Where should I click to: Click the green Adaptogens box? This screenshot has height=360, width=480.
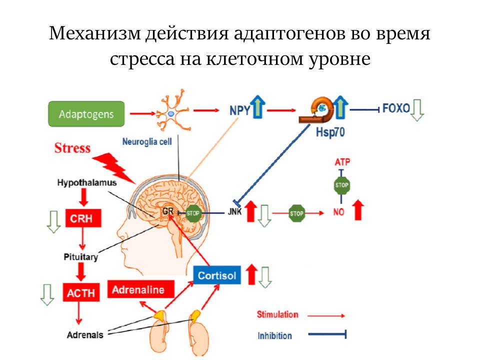pos(85,114)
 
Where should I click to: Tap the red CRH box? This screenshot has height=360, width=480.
pos(83,218)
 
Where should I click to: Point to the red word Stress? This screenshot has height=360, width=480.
pos(72,148)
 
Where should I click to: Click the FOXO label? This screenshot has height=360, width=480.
pos(395,108)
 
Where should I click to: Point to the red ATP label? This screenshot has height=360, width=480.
pos(341,163)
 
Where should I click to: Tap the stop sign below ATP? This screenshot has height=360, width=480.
pos(341,186)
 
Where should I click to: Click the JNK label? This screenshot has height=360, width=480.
pos(234,212)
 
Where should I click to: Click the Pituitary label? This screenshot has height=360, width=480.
pos(80,257)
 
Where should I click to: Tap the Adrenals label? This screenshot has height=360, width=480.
pos(85,334)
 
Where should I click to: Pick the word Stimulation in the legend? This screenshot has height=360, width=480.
pos(277,314)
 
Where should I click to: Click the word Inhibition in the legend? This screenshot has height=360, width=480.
pos(275,335)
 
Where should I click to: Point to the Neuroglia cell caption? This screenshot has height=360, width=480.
pos(147,141)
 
